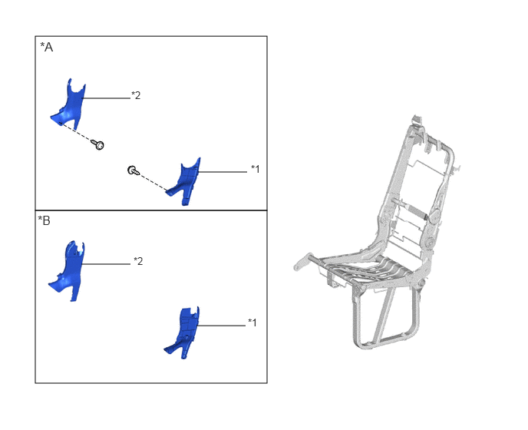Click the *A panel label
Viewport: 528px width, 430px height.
(x=47, y=47)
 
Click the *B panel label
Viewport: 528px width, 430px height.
(x=44, y=220)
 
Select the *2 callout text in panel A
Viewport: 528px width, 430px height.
(x=136, y=95)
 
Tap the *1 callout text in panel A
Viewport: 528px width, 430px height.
(x=256, y=169)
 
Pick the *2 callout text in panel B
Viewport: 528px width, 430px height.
(x=138, y=261)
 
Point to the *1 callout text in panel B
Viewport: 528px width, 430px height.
(x=252, y=322)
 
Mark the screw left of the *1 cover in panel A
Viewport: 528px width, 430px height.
(x=134, y=170)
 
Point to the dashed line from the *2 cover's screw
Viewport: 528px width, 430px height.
(x=76, y=132)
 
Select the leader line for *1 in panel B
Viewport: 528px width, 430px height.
(x=221, y=326)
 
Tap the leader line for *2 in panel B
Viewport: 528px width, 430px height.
(x=106, y=264)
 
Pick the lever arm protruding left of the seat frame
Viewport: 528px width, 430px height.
(x=305, y=260)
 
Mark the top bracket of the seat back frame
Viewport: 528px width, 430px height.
(x=417, y=121)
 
